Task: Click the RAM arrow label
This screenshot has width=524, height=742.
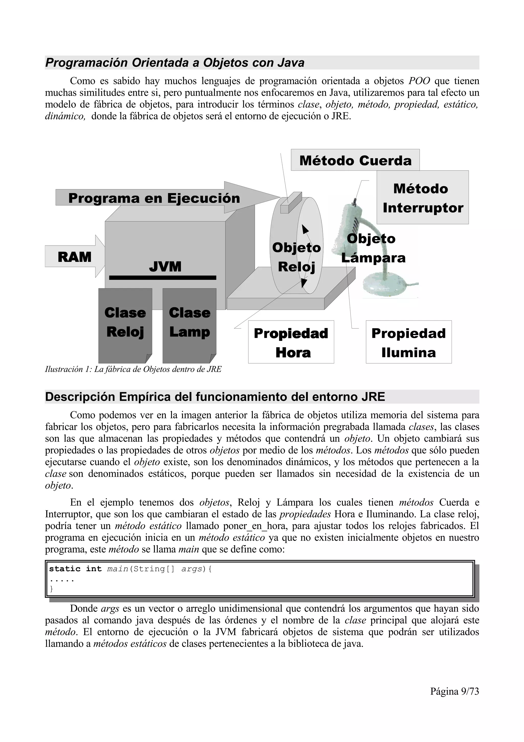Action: pyautogui.click(x=74, y=257)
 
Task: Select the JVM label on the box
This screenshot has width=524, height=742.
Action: pyautogui.click(x=165, y=267)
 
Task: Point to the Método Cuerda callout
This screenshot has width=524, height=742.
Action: pyautogui.click(x=355, y=160)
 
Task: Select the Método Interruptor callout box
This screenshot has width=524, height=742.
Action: pyautogui.click(x=423, y=198)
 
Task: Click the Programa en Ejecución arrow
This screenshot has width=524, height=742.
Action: pyautogui.click(x=154, y=198)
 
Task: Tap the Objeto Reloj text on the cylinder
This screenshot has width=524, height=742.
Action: pyautogui.click(x=296, y=257)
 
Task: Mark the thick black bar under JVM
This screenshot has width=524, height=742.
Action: pyautogui.click(x=163, y=278)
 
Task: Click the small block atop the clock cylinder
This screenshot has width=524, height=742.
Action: pyautogui.click(x=291, y=203)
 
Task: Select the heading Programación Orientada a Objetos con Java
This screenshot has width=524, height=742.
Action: pyautogui.click(x=175, y=63)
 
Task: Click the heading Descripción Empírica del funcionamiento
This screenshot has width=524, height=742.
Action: pyautogui.click(x=215, y=397)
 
